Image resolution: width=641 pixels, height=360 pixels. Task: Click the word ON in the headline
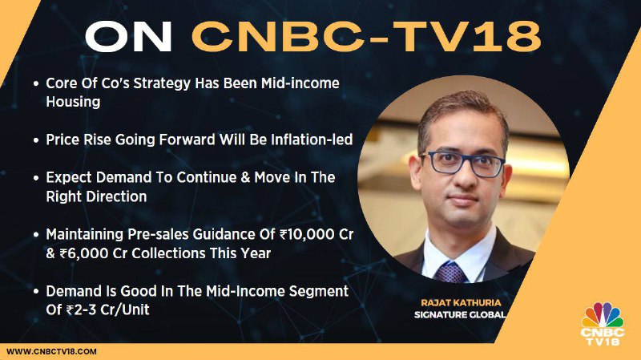128,37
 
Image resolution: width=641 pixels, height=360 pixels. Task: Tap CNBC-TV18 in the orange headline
367,37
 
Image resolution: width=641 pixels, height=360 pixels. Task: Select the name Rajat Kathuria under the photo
461,303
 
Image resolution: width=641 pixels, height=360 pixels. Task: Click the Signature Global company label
460,314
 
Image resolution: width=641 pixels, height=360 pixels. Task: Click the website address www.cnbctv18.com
51,351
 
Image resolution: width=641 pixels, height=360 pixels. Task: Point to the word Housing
73,103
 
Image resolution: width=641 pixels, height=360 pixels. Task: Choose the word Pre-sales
158,234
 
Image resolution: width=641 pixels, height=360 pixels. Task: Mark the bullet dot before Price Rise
36,140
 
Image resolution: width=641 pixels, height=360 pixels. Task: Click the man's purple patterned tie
451,273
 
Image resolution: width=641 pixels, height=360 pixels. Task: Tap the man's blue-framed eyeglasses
464,164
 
